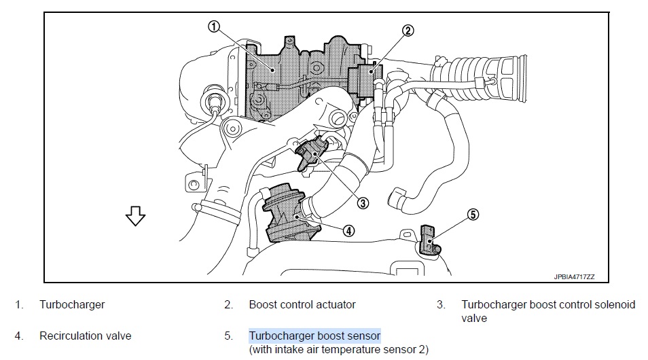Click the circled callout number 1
click(213, 27)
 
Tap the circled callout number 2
click(408, 31)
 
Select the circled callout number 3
click(363, 203)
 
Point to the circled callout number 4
click(348, 231)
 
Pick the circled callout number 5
click(473, 215)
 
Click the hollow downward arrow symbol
click(135, 216)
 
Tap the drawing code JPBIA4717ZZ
click(574, 277)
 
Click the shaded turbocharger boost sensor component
click(429, 239)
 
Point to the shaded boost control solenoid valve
click(311, 154)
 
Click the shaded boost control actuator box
click(363, 80)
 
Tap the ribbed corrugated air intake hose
click(480, 79)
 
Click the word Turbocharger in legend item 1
click(72, 304)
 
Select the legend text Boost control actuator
click(302, 304)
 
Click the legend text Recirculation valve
click(85, 336)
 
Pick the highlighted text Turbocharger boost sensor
click(314, 336)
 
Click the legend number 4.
click(19, 336)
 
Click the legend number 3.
click(441, 304)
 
